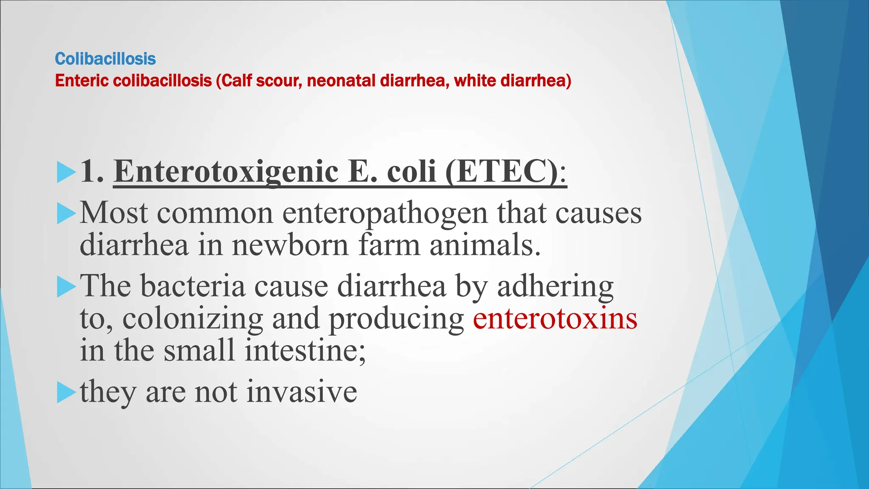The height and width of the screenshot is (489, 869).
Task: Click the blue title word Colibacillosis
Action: [105, 59]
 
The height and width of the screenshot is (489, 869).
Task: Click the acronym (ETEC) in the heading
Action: [502, 172]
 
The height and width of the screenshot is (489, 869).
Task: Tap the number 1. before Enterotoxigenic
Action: [92, 172]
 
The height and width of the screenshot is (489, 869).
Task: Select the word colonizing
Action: [193, 319]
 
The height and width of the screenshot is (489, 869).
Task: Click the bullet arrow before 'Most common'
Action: [66, 214]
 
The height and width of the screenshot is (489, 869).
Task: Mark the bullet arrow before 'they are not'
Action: [66, 392]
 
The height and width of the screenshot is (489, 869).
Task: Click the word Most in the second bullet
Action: [114, 213]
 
